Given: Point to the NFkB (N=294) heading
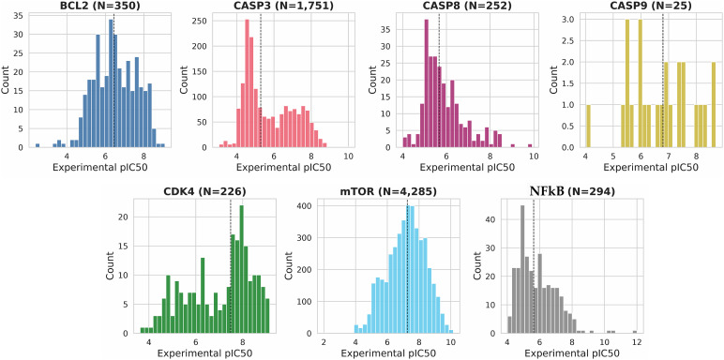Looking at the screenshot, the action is (x=572, y=190).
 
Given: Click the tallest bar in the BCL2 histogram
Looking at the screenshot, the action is (x=111, y=83).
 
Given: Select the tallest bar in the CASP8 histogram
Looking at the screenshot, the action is (x=426, y=83).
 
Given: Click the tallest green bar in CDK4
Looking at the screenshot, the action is (x=241, y=270).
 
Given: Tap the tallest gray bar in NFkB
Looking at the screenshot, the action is (x=522, y=270).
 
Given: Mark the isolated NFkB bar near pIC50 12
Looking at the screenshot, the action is (x=635, y=332).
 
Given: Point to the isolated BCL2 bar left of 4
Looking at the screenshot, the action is (x=38, y=146).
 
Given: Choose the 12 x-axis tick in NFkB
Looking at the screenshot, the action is (x=636, y=342).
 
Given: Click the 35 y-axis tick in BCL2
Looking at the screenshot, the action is (x=20, y=14).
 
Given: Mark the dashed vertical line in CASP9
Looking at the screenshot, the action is (x=663, y=81).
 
